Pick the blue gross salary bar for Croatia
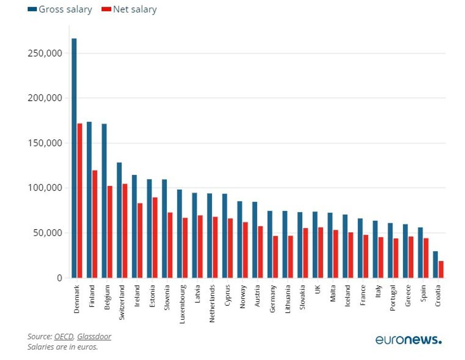[436, 265]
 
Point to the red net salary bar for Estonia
[155, 237]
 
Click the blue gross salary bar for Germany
[270, 244]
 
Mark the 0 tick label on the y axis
[59, 278]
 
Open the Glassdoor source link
[94, 337]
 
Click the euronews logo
[408, 340]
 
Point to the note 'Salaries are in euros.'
[63, 347]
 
